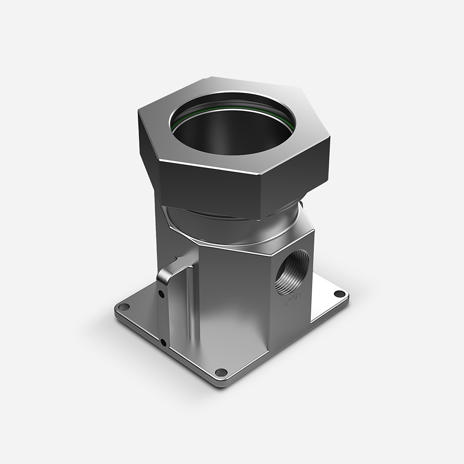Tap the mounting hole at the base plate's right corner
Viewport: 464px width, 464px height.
pos(340,294)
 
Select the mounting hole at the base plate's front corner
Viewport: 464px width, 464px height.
pos(222,372)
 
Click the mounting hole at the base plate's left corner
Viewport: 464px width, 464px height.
pos(123,307)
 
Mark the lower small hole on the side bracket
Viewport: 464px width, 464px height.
pos(163,343)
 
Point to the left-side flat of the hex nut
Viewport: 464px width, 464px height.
pos(147,139)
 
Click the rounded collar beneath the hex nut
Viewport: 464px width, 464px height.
pos(232,227)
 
